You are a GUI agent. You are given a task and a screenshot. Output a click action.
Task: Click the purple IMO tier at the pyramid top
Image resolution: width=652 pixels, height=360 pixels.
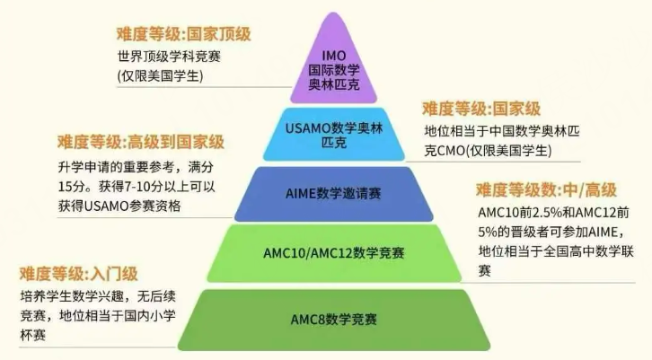pyautogui.click(x=333, y=62)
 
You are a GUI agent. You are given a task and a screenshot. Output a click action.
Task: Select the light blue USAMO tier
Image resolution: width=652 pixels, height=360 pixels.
pyautogui.click(x=333, y=135)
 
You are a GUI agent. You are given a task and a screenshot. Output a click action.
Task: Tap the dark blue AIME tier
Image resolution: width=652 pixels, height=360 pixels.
pyautogui.click(x=333, y=194)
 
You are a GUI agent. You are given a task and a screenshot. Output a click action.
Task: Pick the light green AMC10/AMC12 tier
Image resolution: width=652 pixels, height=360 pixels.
pyautogui.click(x=333, y=253)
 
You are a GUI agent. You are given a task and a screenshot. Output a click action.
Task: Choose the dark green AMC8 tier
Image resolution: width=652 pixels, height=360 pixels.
pyautogui.click(x=333, y=320)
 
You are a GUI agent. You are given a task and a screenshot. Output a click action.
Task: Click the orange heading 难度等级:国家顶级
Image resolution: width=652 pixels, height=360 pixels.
pyautogui.click(x=184, y=34)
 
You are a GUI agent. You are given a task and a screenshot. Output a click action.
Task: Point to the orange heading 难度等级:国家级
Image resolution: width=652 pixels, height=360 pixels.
pyautogui.click(x=481, y=109)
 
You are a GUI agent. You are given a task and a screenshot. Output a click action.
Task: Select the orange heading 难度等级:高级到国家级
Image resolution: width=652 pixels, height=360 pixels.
pyautogui.click(x=141, y=142)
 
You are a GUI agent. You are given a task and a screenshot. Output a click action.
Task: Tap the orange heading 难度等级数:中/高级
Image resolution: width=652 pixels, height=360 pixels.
pyautogui.click(x=546, y=190)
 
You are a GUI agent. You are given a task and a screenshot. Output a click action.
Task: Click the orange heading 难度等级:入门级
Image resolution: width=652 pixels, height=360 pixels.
pyautogui.click(x=79, y=274)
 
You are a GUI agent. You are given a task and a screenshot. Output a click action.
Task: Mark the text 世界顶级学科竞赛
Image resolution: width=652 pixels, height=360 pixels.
pyautogui.click(x=169, y=57)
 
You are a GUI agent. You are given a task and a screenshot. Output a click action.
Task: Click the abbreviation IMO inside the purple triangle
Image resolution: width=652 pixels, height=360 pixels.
pyautogui.click(x=333, y=56)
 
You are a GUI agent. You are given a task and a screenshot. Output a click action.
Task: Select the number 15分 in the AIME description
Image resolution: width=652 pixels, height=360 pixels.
pyautogui.click(x=72, y=187)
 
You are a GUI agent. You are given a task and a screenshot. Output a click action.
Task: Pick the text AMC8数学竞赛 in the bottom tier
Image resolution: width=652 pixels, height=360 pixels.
pyautogui.click(x=333, y=320)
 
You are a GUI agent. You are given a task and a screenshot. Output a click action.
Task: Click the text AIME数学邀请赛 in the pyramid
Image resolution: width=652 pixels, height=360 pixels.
pyautogui.click(x=333, y=194)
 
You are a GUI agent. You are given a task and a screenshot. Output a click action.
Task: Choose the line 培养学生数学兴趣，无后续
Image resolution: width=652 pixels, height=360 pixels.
pyautogui.click(x=98, y=296)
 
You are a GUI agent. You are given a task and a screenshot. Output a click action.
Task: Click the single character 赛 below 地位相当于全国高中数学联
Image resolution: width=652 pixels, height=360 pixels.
pyautogui.click(x=484, y=270)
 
